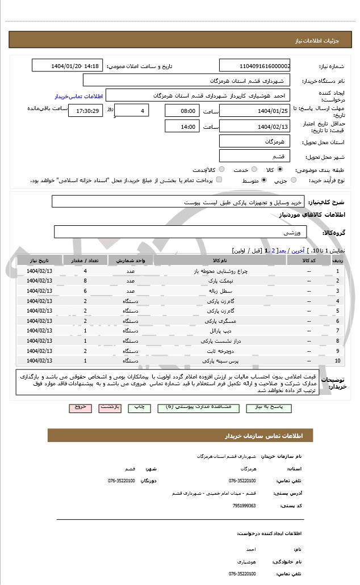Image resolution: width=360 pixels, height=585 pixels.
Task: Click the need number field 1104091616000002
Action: [x=255, y=66]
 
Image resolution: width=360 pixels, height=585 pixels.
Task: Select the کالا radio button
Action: [x=280, y=169]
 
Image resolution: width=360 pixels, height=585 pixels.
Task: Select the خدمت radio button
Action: [x=254, y=169]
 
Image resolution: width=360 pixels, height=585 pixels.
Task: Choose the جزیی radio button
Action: [x=293, y=180]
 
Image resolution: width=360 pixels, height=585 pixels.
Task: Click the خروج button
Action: [x=80, y=407]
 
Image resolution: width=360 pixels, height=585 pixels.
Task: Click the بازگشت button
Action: [x=110, y=407]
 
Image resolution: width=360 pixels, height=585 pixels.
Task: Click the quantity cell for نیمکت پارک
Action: [x=85, y=281]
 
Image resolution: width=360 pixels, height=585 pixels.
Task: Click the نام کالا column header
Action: [x=220, y=260]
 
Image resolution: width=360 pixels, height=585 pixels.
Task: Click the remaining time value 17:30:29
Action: [x=85, y=111]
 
